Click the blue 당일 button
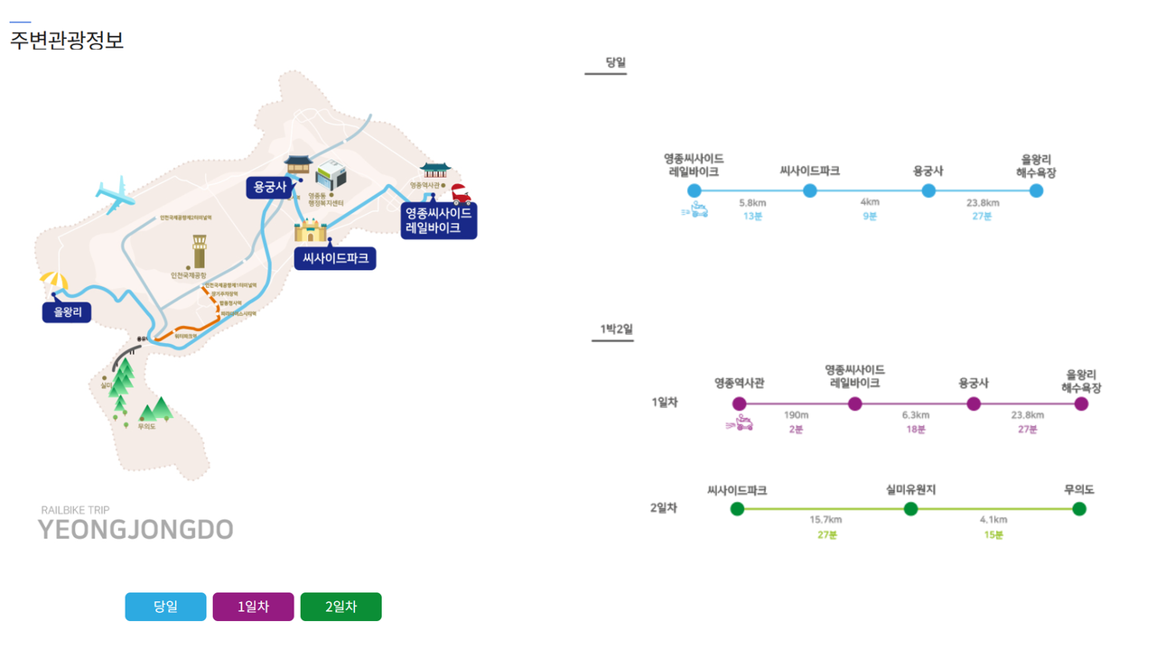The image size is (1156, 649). point(165,607)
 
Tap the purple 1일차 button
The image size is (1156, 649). point(253,607)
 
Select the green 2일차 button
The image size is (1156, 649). point(340,607)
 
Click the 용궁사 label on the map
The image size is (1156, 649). point(270,188)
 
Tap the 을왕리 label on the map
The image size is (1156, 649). point(67,312)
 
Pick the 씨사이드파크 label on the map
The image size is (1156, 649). point(334,258)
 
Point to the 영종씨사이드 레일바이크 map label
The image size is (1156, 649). point(438,220)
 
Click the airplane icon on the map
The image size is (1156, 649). point(116,194)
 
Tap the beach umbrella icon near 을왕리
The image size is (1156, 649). point(54,282)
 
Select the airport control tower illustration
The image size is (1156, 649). point(199,251)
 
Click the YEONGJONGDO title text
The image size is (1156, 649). point(135,530)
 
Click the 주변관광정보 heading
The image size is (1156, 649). point(67,41)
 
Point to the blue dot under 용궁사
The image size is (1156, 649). point(928,190)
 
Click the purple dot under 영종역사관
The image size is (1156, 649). point(740,403)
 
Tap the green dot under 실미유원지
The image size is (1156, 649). point(910,509)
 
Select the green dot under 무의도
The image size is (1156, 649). point(1078,509)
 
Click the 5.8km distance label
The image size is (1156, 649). point(752,202)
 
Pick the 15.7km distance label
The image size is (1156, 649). point(825,520)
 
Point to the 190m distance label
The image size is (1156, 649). point(796,415)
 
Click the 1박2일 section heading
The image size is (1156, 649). point(617,329)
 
